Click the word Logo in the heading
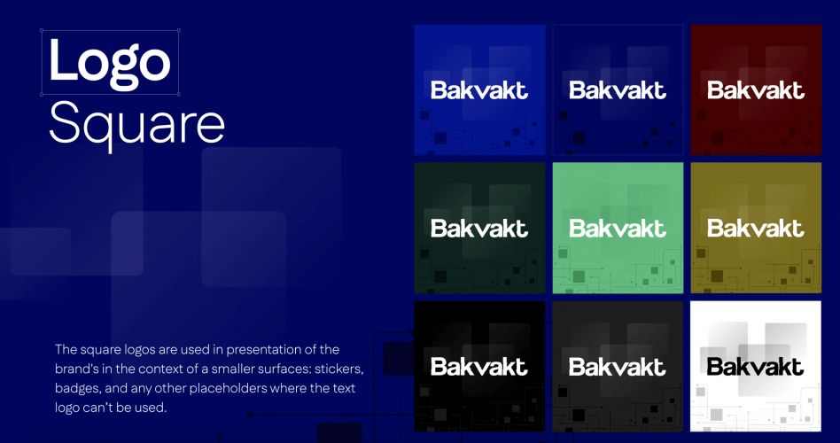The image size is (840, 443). click(x=109, y=62)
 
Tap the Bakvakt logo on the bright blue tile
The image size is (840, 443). click(x=479, y=89)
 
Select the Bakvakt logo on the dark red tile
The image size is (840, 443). click(x=756, y=89)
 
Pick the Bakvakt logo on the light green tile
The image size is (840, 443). click(x=618, y=229)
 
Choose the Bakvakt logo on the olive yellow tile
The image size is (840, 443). click(x=756, y=229)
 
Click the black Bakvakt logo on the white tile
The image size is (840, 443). click(x=756, y=366)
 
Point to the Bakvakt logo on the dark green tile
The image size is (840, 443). click(x=479, y=229)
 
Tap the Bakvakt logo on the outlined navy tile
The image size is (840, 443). click(x=618, y=89)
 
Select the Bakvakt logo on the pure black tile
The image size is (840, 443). click(x=479, y=366)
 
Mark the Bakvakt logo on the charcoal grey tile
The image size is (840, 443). click(x=618, y=366)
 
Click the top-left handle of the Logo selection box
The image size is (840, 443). click(x=43, y=30)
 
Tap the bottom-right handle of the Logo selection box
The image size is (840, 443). click(x=178, y=93)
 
